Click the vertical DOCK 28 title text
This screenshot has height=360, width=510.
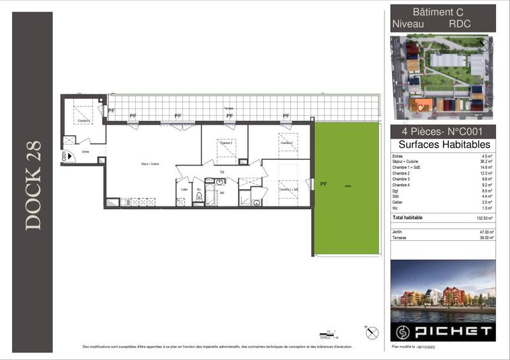coord(33,185)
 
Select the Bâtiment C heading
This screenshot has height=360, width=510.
coord(438,11)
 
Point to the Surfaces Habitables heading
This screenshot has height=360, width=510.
coord(443,145)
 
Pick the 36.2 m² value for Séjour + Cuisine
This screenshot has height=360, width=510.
coord(487,162)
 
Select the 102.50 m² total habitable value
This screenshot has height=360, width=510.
coord(484,218)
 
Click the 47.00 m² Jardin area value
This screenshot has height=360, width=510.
coord(486,232)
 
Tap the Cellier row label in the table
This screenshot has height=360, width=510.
coord(398,202)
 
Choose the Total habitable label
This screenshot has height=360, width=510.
coord(407,218)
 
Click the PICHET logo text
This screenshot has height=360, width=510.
coord(453,331)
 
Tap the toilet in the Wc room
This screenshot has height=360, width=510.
coord(199,197)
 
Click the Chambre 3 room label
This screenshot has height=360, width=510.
coord(226,143)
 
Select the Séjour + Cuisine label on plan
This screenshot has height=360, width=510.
coord(150,164)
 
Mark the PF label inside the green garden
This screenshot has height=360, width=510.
coord(323,184)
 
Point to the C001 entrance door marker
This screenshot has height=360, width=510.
coord(64,155)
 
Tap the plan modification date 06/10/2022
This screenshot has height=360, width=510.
coord(426,347)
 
